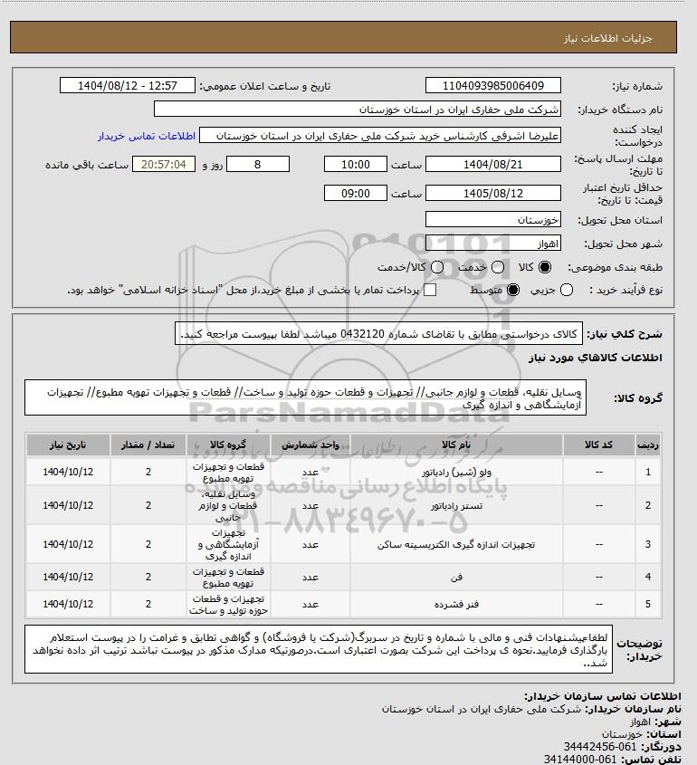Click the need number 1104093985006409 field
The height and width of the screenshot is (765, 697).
coord(493,86)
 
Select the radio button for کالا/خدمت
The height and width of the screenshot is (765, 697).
coord(437,268)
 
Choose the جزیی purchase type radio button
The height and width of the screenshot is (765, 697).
coord(568,290)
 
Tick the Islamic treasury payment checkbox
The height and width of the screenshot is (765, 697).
coord(430,290)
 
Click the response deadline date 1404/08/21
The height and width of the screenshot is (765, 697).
coord(493,165)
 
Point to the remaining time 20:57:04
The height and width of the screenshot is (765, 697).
coord(164,165)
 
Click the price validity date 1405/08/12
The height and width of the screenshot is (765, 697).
coord(493,193)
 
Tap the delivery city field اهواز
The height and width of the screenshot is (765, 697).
coord(493,244)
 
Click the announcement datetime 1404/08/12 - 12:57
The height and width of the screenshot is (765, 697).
coord(127,86)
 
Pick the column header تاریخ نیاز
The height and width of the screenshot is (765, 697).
coord(68,445)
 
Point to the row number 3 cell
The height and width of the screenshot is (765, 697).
coord(647,544)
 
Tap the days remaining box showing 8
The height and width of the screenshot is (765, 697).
coord(257,165)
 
